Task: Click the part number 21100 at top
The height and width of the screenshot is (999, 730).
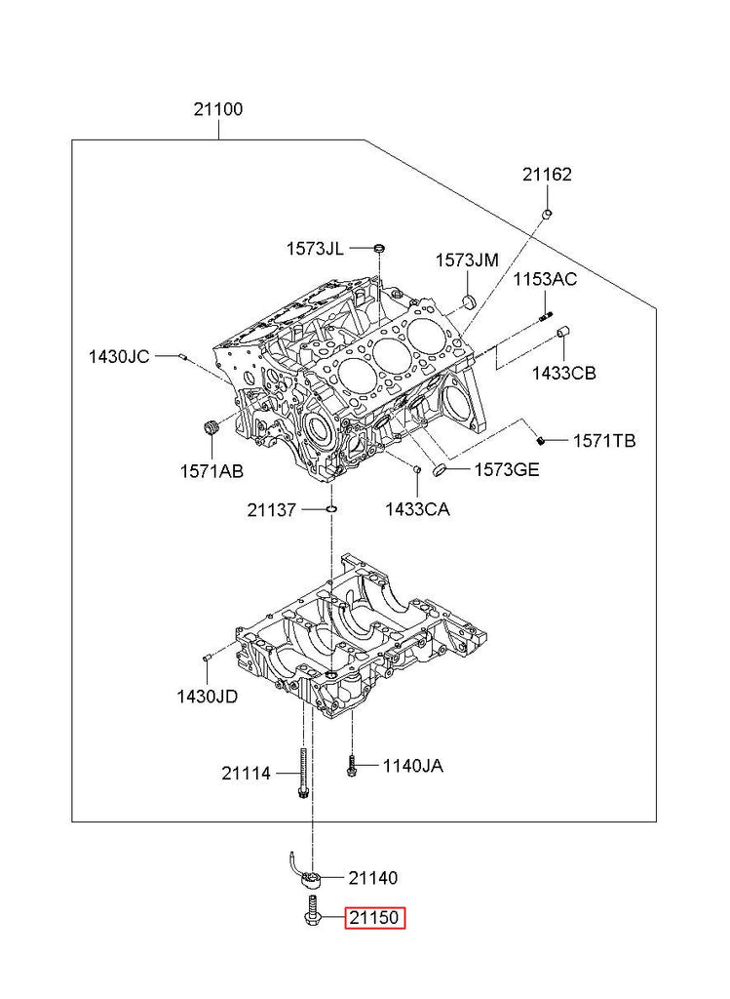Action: pos(217,109)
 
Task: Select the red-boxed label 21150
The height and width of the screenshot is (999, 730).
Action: pos(374,918)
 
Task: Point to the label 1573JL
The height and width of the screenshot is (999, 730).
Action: pos(314,249)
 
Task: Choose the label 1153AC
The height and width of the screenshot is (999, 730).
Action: pos(545,280)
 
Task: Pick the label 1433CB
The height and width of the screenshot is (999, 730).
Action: pos(563,373)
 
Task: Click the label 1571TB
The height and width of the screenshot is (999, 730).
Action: pos(603,441)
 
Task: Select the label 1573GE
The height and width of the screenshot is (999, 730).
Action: pos(506,470)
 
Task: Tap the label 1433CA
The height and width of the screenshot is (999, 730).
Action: pos(417,507)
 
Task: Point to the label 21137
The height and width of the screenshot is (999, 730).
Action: pos(278,509)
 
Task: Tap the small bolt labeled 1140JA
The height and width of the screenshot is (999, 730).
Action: pos(351,767)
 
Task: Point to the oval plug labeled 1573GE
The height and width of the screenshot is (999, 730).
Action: pos(440,471)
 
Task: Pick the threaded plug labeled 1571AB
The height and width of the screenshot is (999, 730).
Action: pos(208,428)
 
